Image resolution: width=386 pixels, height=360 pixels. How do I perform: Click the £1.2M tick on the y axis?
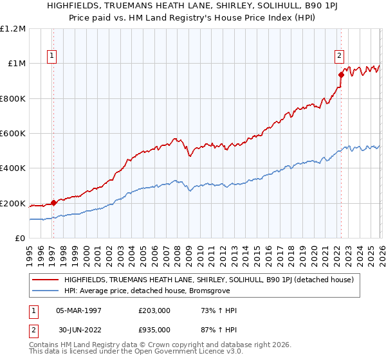(13, 28)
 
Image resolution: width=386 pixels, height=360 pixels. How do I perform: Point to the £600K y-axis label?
(13, 134)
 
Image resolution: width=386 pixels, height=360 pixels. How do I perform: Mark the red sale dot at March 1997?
(53, 203)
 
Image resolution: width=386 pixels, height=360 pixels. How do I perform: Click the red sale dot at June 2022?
(340, 75)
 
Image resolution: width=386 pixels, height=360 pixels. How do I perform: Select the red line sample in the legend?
(45, 280)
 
